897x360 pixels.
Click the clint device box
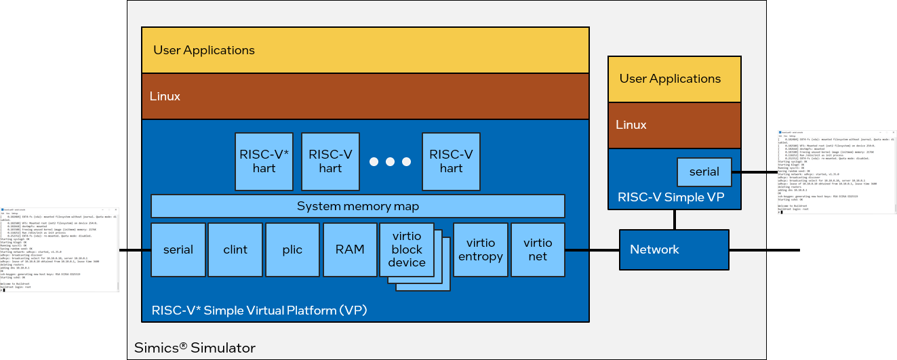tap(235, 249)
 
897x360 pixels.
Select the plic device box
tap(292, 249)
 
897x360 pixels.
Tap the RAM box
tap(350, 249)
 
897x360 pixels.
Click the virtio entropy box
tap(481, 249)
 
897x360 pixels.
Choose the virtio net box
tap(538, 249)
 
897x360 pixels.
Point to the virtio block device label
tap(407, 249)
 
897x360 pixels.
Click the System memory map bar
tap(358, 206)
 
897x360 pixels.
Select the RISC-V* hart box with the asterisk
tap(264, 161)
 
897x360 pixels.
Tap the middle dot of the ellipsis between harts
tap(390, 161)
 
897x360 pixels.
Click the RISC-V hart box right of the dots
tap(451, 161)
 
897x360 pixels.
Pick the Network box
tap(674, 249)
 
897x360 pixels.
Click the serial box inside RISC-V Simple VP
tap(704, 172)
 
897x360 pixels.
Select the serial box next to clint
tap(178, 249)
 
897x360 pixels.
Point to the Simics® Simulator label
tap(195, 348)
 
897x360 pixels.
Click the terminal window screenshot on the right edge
tap(836, 172)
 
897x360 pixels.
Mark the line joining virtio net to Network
tap(592, 250)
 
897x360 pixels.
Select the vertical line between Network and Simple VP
tap(674, 219)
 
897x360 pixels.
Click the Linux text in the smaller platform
tap(631, 125)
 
